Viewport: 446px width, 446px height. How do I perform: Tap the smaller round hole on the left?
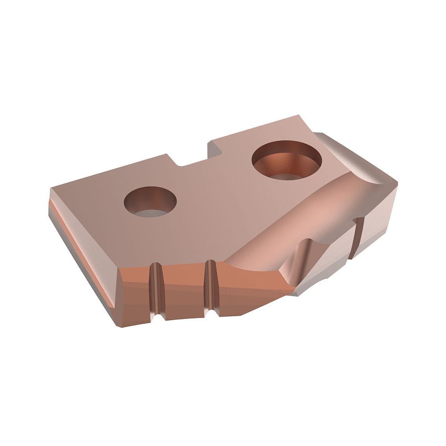click(150, 202)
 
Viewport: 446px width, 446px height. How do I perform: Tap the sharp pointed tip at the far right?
click(395, 182)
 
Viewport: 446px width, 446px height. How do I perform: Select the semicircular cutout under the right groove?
click(211, 314)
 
